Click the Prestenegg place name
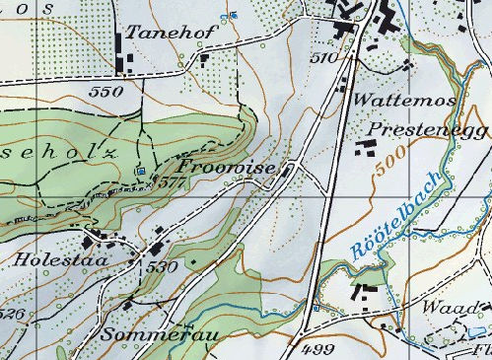413,129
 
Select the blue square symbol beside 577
141,173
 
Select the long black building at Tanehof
122,51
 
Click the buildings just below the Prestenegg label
366,148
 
